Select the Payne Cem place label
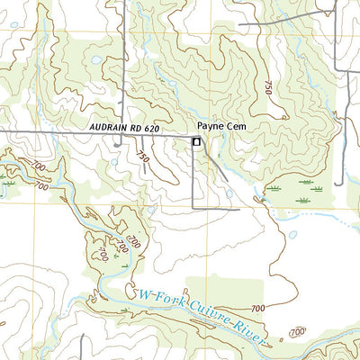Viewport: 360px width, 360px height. (221, 128)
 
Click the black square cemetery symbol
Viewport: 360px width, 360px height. (196, 141)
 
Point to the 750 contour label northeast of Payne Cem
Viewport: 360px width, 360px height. (267, 87)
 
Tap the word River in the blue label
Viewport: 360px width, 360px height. (253, 325)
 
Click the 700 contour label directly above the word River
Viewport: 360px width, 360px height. (258, 309)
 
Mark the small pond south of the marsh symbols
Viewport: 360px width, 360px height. (292, 235)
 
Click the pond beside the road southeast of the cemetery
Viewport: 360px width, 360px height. (229, 193)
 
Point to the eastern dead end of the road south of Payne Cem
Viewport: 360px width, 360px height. (238, 209)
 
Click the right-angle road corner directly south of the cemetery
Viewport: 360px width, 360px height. (194, 209)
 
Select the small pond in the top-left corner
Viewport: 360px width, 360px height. (14, 50)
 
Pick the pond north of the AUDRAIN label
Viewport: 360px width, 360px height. (96, 60)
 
